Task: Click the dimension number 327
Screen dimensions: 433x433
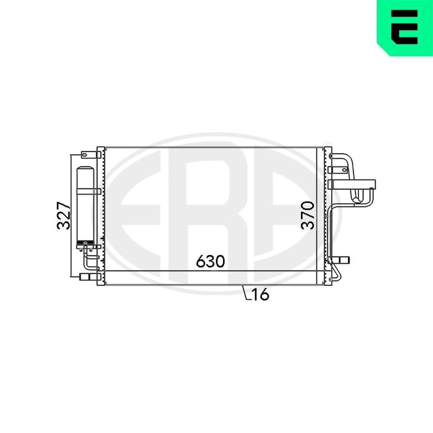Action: tap(64, 215)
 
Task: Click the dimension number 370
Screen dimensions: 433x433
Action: tap(309, 215)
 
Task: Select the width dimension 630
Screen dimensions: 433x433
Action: tap(210, 262)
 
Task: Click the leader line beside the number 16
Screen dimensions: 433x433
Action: tap(246, 293)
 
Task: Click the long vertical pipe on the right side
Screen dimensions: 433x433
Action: tap(331, 234)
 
